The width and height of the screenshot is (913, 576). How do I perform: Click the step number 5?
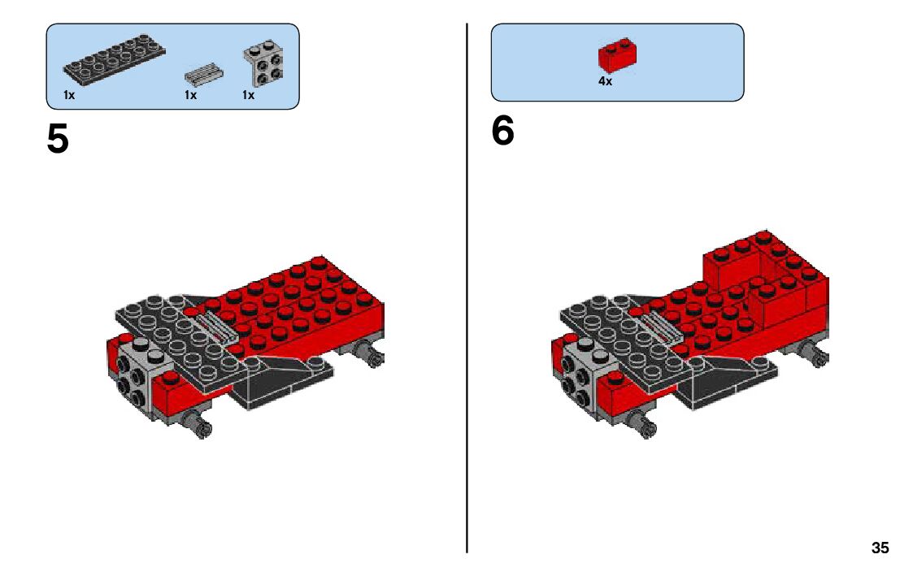point(58,139)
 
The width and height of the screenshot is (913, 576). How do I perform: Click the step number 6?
point(503,130)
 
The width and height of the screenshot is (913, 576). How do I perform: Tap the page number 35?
point(880,548)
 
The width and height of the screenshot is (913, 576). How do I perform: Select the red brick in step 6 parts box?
point(617,54)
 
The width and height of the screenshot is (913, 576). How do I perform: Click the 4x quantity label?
point(605,81)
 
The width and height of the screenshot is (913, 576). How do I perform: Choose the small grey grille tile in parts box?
point(204,75)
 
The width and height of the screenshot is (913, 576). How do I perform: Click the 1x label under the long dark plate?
point(69,95)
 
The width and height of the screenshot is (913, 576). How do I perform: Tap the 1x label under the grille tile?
point(190,95)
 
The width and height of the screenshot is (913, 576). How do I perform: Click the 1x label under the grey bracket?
point(248,95)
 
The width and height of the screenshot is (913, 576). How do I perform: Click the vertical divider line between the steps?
point(467,288)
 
